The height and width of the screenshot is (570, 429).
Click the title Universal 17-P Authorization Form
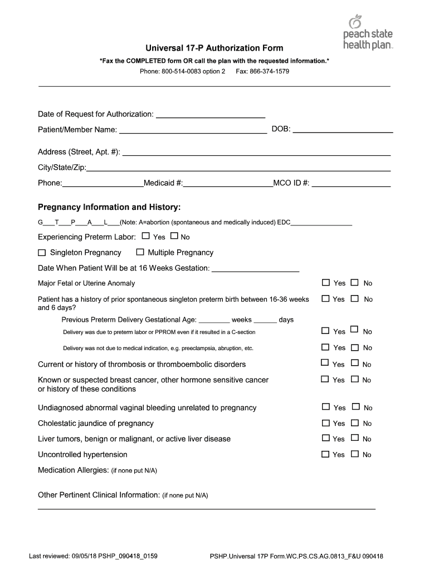click(214, 48)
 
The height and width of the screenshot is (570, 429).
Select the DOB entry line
click(343, 130)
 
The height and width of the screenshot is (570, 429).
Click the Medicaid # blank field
click(228, 183)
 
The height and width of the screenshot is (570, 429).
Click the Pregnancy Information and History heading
click(109, 207)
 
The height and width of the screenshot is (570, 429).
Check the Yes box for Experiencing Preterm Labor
click(146, 236)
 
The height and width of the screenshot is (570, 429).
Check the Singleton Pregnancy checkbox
click(42, 252)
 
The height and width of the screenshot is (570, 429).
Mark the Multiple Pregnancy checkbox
click(140, 252)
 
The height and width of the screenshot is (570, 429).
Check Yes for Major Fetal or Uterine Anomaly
click(325, 283)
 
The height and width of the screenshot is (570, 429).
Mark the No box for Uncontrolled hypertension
click(355, 454)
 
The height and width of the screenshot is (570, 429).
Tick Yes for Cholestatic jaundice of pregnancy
click(325, 423)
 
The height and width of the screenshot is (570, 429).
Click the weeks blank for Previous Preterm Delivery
click(214, 320)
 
